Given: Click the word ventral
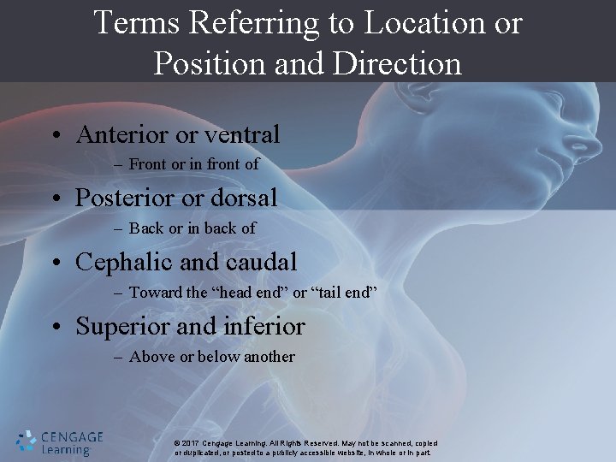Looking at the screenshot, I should pos(244,134).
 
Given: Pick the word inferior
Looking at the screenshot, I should pos(264,326).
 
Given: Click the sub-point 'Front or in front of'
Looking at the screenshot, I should pos(193,164).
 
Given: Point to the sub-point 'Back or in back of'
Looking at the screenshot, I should pos(192,228).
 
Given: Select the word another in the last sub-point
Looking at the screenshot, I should pos(269,357).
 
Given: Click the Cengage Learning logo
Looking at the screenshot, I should pos(60,441).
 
